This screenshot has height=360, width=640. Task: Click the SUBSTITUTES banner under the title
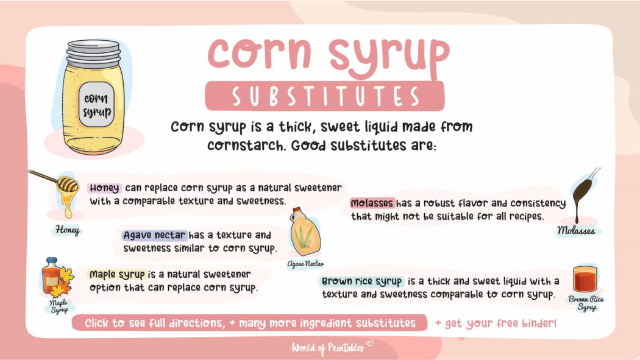point(324,96)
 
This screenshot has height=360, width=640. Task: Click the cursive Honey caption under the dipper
point(67,230)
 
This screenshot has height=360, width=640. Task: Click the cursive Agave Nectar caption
point(305,264)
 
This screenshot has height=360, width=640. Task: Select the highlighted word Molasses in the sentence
point(372,203)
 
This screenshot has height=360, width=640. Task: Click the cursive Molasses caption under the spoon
point(577,231)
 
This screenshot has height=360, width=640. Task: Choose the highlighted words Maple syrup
point(117,274)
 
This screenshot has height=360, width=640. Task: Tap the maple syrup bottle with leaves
point(56,278)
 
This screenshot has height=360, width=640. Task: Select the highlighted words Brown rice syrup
point(361,281)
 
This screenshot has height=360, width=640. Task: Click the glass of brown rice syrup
point(586,280)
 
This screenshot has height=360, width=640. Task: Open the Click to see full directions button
point(250,323)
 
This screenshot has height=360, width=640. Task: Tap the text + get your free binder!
point(495,323)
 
